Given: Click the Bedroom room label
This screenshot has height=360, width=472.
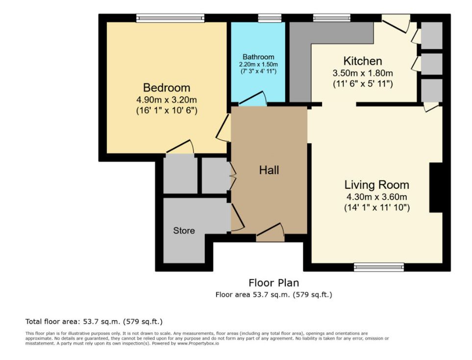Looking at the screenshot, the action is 167,88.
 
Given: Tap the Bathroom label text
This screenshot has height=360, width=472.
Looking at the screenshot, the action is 258,57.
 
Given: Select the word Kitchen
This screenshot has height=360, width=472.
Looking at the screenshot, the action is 363,61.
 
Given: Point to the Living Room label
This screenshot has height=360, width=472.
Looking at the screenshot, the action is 376,185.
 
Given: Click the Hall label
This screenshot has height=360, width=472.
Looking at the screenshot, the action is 269,170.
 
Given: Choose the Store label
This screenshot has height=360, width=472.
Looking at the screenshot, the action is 184,231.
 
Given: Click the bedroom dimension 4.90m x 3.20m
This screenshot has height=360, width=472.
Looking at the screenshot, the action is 167,100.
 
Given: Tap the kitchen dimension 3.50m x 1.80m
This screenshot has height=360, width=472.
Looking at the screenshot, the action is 363,73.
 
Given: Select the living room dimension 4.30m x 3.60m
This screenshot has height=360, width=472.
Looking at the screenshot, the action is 376,197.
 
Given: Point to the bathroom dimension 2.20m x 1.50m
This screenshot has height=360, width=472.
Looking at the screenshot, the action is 258,64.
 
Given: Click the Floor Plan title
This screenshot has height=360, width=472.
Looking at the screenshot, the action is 273,283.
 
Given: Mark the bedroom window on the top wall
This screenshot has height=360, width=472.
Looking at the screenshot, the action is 171,18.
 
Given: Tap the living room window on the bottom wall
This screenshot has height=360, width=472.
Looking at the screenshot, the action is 379,267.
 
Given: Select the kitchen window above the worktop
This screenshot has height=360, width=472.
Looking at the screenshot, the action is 332,18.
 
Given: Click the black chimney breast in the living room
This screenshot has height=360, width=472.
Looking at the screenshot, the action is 436,188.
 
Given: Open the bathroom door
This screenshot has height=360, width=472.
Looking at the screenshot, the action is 253,98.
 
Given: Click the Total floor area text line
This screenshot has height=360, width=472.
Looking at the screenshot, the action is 94,322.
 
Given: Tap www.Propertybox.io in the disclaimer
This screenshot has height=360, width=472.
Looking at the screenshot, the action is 198,343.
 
